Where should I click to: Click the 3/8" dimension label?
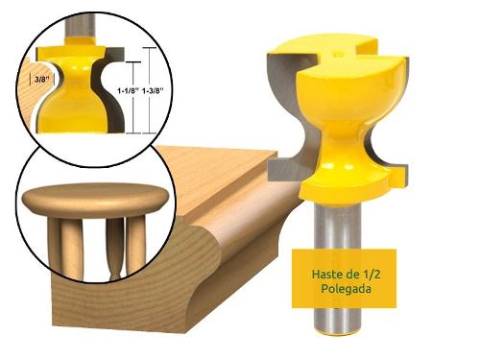pos(41,80)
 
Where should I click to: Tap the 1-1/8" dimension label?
pos(128,91)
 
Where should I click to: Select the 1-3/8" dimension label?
pos(153,91)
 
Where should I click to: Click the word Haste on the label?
pos(323,275)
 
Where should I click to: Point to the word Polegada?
pos(347,289)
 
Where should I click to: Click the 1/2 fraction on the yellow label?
pos(372,275)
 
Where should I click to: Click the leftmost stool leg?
pos(55,247)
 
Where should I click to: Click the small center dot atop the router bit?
pos(336,54)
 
